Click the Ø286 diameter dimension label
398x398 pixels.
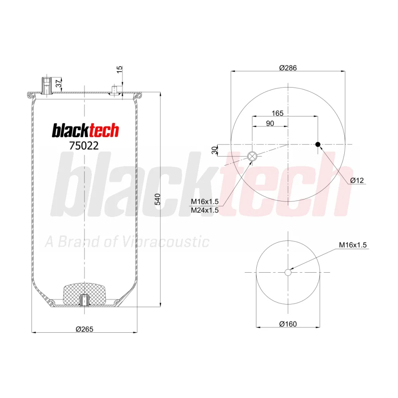[288, 68]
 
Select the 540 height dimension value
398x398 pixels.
[158, 199]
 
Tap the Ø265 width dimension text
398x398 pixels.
[84, 329]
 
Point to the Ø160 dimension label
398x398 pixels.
[288, 324]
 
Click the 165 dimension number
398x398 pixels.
[277, 113]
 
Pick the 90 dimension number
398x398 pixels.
[270, 123]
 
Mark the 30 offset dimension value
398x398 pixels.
[215, 150]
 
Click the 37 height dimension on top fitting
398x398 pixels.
[59, 84]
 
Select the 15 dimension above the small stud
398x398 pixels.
[119, 69]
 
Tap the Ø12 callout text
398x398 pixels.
[357, 180]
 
